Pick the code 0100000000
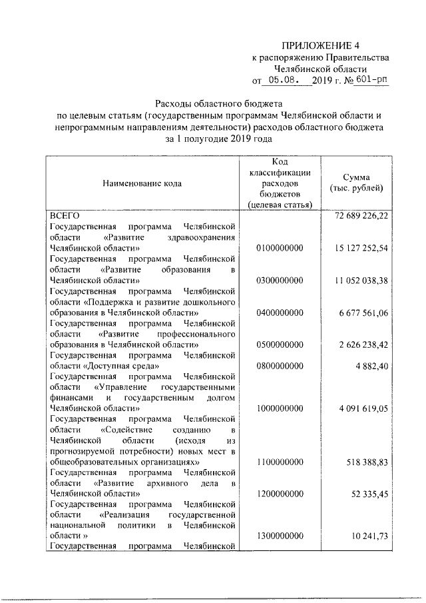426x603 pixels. (279, 249)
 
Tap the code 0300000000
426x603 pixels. (279, 281)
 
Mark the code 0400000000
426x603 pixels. (279, 313)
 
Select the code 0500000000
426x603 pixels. (279, 345)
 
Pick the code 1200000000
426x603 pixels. (279, 494)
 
